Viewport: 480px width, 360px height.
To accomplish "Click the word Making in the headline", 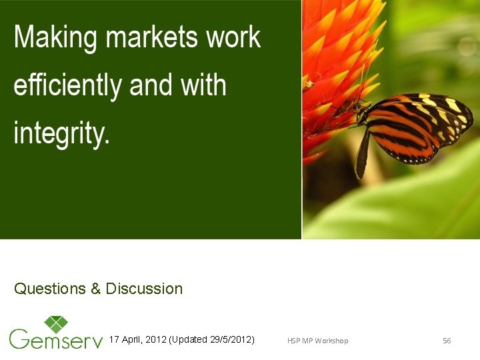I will (x=56, y=39).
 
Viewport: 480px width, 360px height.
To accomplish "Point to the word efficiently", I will (x=67, y=87).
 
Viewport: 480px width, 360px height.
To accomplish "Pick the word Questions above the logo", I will (x=50, y=289).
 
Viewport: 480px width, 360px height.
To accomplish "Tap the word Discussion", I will (x=144, y=289).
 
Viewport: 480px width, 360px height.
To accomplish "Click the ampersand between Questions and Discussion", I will (x=95, y=289).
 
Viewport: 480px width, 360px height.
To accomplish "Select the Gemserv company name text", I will (x=56, y=339).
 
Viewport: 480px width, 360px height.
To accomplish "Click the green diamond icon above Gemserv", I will (x=56, y=324).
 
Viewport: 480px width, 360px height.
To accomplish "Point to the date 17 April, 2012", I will (x=137, y=339).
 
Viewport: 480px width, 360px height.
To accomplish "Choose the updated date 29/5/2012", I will (x=231, y=339).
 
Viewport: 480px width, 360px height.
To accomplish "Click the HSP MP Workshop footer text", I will (x=317, y=341).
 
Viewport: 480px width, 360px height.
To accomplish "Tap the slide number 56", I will (x=447, y=341).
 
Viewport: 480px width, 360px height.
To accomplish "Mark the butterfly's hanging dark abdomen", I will (x=363, y=153).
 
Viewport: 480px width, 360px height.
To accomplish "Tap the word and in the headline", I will (x=150, y=87).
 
